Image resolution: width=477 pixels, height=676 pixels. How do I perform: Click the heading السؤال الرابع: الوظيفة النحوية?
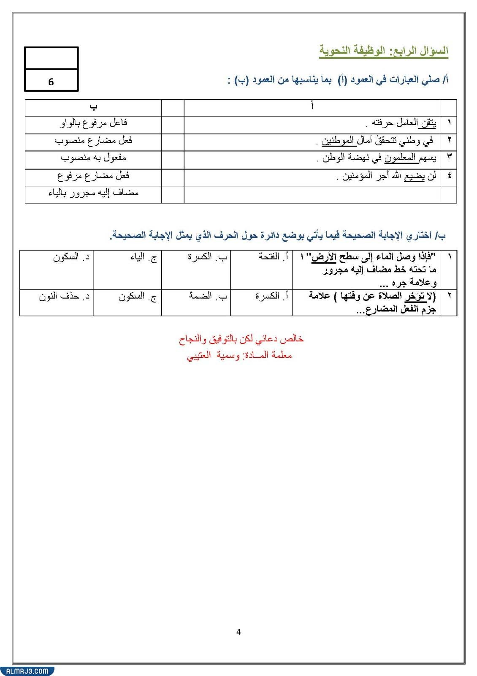(x=383, y=51)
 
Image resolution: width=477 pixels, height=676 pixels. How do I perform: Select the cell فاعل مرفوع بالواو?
(x=93, y=123)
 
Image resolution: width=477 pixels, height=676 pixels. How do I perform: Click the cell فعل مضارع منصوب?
(x=93, y=140)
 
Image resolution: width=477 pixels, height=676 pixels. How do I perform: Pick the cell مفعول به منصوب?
(x=93, y=158)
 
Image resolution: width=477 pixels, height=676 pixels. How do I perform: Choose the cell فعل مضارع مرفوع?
(x=93, y=175)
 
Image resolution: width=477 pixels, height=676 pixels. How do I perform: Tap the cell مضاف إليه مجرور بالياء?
(x=93, y=193)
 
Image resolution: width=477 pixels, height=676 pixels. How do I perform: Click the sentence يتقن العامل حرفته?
(x=401, y=123)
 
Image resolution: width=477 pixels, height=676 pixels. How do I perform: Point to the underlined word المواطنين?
(x=338, y=140)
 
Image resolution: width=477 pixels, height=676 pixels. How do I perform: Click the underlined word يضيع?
(x=415, y=175)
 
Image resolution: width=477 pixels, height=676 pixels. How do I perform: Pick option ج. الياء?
(x=144, y=257)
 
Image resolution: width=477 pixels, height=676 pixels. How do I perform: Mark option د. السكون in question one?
(x=71, y=257)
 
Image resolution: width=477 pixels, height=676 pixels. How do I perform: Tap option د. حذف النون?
(x=64, y=296)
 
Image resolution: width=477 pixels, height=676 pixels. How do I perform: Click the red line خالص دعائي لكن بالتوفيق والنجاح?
(x=241, y=339)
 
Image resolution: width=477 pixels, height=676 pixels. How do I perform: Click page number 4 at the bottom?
(x=238, y=632)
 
